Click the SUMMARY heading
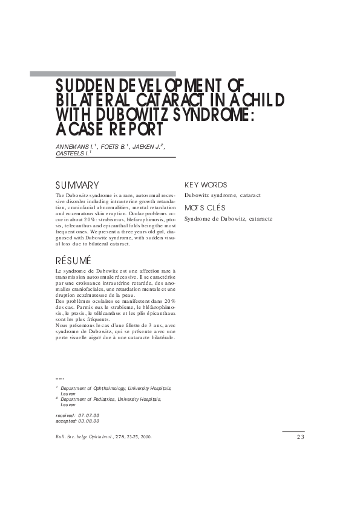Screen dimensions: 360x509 pyautogui.click(x=77, y=185)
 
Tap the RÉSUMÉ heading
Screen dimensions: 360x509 pyautogui.click(x=73, y=261)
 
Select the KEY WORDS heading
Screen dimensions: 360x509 pyautogui.click(x=206, y=185)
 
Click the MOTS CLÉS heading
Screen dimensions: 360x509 pyautogui.click(x=205, y=208)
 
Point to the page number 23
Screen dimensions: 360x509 pyautogui.click(x=301, y=437)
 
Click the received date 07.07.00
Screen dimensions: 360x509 pyautogui.click(x=88, y=415)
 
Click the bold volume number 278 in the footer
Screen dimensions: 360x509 pyautogui.click(x=123, y=437)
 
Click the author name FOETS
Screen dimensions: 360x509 pyautogui.click(x=111, y=148)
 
